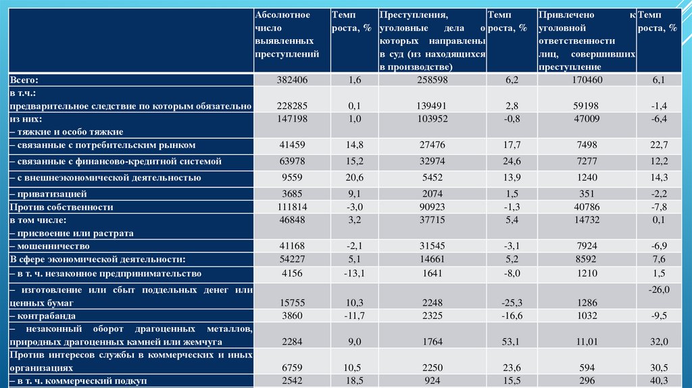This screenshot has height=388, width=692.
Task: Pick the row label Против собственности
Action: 61,208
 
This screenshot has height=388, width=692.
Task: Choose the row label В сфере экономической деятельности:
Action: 97,260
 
